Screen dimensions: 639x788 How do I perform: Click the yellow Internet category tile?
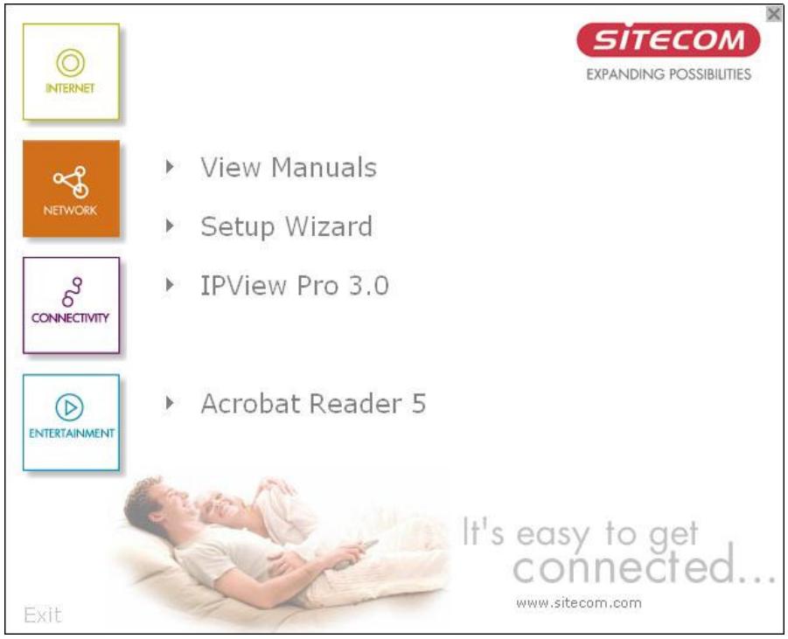click(70, 72)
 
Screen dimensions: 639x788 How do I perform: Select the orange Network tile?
click(70, 189)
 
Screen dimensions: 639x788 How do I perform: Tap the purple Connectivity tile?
click(70, 305)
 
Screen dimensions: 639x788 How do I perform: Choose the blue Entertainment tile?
click(70, 422)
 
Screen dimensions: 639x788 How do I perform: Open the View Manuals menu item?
click(289, 167)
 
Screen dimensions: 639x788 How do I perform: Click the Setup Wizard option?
click(286, 226)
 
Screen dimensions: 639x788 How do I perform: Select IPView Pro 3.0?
click(294, 286)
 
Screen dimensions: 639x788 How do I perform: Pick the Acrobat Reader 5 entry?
click(313, 404)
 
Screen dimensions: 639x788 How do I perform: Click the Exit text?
click(42, 615)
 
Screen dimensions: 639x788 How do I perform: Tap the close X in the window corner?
click(772, 13)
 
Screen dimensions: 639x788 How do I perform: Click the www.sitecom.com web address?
click(579, 602)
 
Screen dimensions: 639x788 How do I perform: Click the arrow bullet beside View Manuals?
click(170, 166)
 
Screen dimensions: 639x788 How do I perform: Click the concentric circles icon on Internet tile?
click(70, 62)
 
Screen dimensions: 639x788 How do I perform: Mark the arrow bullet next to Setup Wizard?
click(170, 226)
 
